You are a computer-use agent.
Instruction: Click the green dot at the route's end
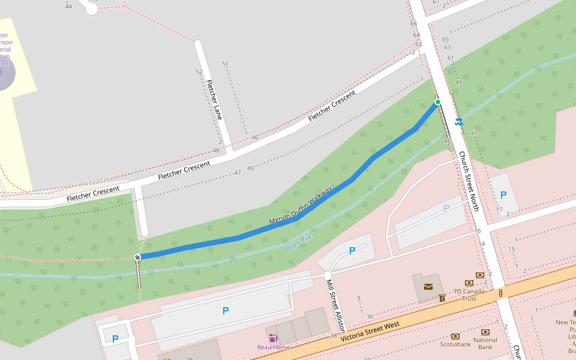pos(438,102)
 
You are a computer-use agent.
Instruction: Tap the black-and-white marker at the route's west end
pos(138,257)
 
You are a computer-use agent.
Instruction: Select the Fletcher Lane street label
pos(214,100)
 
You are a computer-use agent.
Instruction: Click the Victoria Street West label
pos(370,332)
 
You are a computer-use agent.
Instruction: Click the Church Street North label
pos(469,181)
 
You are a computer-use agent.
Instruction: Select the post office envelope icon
pos(428,286)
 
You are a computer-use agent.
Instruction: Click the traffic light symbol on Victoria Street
pos(500,293)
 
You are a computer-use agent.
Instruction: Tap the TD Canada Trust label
pos(469,295)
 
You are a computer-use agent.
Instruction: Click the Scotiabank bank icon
pos(455,336)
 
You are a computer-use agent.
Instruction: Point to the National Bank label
pos(485,344)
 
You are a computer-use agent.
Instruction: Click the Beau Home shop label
pos(274,347)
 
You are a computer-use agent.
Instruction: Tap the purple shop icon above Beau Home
pos(273,338)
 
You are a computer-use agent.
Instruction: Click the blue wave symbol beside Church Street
pos(459,122)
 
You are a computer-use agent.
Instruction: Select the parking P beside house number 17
pos(503,195)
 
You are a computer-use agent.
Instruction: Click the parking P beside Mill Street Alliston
pos(352,251)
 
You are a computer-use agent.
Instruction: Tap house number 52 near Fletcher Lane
pos(199,71)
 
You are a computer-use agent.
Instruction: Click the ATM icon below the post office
pos(442,298)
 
